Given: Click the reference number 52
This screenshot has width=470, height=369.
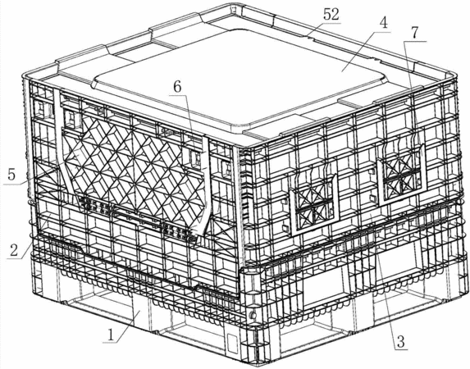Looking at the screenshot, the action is tap(331, 14).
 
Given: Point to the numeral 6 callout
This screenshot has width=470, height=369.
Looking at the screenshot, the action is tap(177, 87).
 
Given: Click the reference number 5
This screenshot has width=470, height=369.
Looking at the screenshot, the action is tap(11, 175).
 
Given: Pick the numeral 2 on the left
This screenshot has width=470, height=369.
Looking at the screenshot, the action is tap(14, 250).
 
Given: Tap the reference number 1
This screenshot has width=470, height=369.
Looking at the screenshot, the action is tap(111, 335).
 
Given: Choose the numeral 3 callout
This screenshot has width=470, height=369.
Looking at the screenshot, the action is tap(401, 341).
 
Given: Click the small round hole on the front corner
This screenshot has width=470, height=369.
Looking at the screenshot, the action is tap(253, 315).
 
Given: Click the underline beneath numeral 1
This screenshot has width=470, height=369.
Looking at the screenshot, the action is tap(111, 342).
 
